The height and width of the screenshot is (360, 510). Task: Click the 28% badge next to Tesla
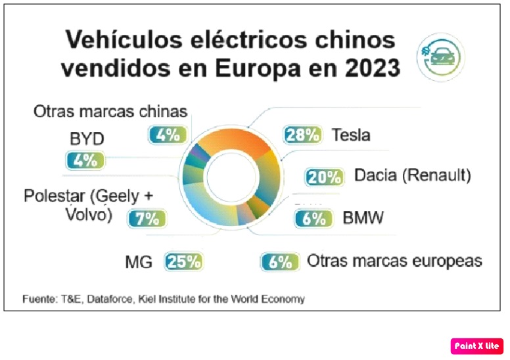302,135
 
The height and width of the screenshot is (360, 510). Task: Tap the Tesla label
351,135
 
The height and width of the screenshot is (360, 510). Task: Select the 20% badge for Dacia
324,177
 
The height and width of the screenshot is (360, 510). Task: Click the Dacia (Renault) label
413,175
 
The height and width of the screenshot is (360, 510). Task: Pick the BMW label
363,218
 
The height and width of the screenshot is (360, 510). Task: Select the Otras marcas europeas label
394,261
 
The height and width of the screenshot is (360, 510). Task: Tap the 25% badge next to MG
183,261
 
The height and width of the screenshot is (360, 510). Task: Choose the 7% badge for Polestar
146,218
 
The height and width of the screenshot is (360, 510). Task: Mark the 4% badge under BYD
84,160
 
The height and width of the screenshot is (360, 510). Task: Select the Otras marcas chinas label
110,111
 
